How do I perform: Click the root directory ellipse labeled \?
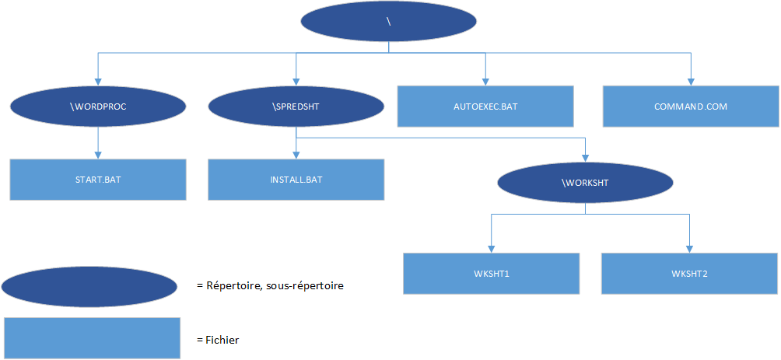click(x=388, y=23)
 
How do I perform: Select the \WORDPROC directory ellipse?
click(x=98, y=107)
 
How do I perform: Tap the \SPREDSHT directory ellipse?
click(x=296, y=107)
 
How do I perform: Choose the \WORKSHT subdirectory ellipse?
click(x=584, y=183)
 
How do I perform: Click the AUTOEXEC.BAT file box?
click(x=485, y=106)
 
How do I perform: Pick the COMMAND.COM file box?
click(x=690, y=106)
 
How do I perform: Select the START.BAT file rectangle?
click(x=98, y=180)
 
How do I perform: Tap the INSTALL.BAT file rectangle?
click(x=296, y=180)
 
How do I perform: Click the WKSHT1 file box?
click(x=491, y=274)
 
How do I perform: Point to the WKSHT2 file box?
click(x=690, y=274)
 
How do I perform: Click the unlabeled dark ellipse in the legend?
click(x=89, y=287)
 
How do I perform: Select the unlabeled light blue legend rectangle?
click(x=92, y=338)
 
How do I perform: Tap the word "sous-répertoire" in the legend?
click(x=304, y=285)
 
